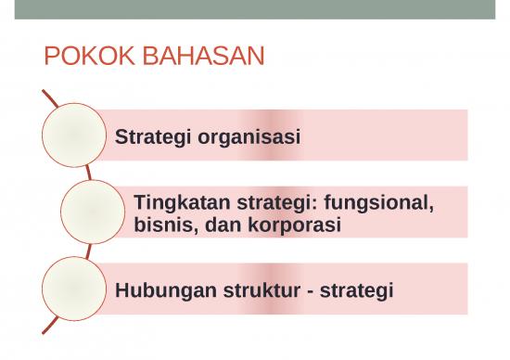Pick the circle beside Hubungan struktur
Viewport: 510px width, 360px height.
tap(73, 289)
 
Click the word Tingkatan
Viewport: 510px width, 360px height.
tap(180, 201)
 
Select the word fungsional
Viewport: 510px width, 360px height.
tap(379, 201)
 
